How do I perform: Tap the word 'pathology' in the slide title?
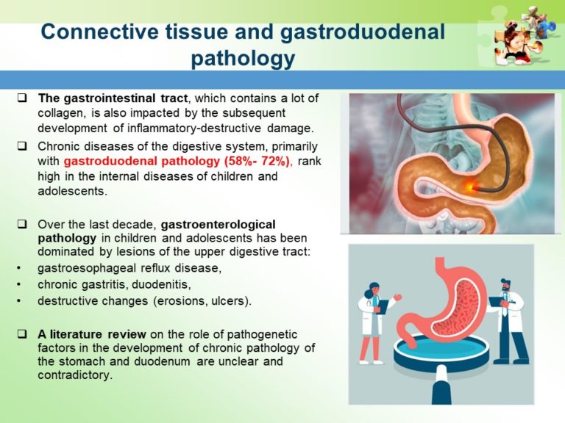243,58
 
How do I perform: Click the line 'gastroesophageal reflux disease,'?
129,268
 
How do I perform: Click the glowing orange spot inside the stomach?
468,167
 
